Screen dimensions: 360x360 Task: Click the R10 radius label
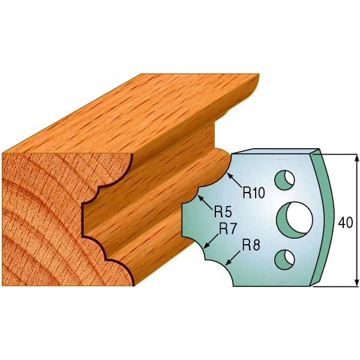[254, 193]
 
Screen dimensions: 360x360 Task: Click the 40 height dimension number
[346, 223]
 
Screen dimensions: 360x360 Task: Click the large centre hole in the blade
[296, 218]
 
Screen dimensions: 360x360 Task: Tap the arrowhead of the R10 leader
[229, 176]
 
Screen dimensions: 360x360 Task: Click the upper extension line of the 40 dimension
[336, 154]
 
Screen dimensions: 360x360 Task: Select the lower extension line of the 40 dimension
[336, 286]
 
